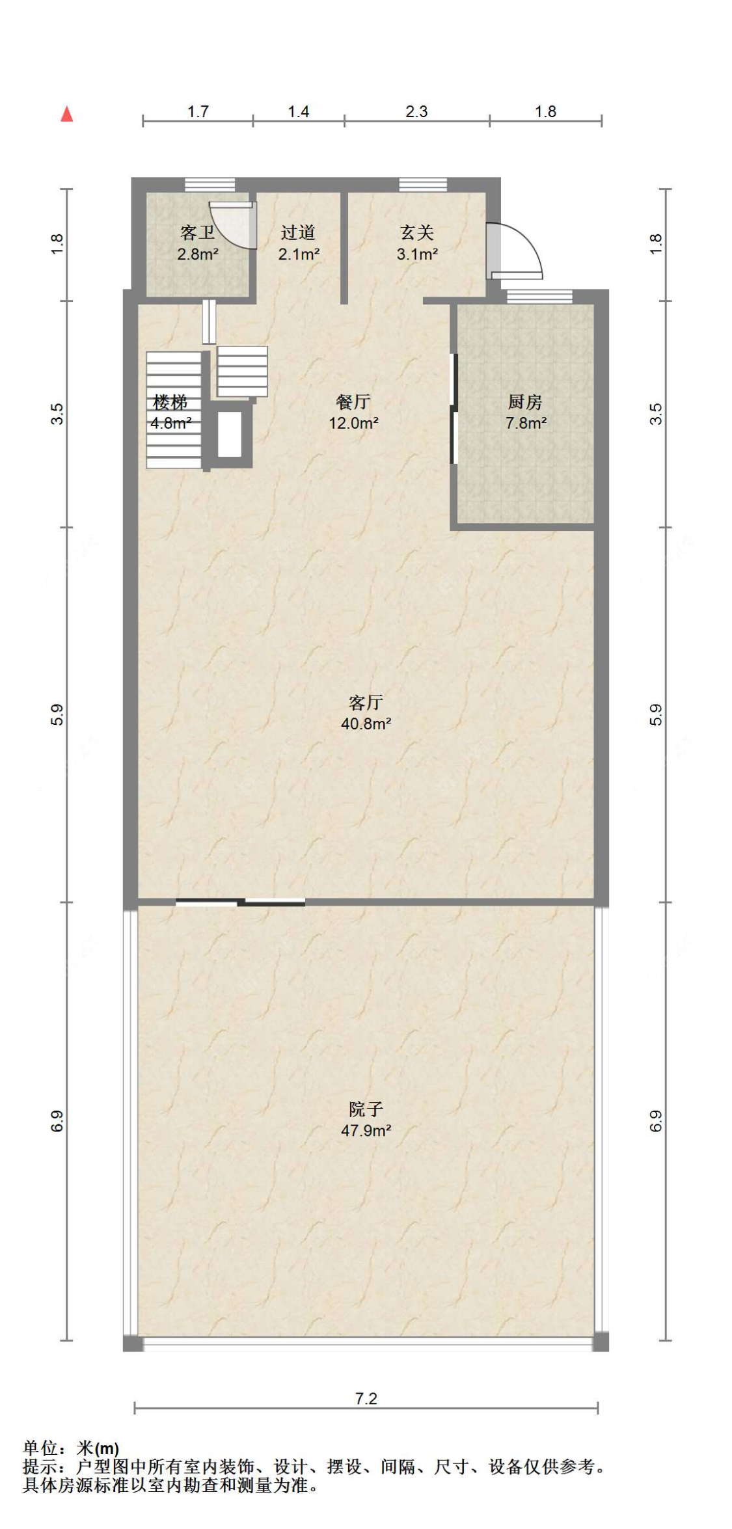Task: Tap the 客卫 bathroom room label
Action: click(x=197, y=232)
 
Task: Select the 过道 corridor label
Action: click(x=298, y=232)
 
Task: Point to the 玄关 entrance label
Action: click(x=416, y=232)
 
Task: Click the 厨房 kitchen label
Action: click(x=525, y=401)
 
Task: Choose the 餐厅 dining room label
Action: click(x=353, y=401)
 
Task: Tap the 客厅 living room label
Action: click(x=366, y=702)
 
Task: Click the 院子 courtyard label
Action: click(x=366, y=1109)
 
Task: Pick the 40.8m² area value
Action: click(x=366, y=724)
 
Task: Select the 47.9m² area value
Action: click(x=366, y=1130)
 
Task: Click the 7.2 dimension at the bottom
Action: click(x=366, y=1398)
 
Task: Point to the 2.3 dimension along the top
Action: click(x=416, y=111)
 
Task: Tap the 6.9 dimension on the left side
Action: click(x=57, y=1121)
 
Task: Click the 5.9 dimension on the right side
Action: click(x=656, y=714)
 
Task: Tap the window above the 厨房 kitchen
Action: click(x=539, y=297)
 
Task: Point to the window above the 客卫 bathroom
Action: click(x=210, y=185)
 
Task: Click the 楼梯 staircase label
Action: click(x=170, y=401)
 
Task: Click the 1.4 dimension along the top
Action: click(x=299, y=111)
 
